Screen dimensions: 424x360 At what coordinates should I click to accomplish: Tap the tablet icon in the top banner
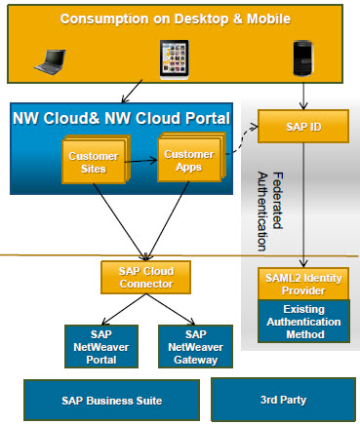(x=175, y=58)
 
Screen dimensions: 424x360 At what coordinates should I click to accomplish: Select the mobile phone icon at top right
(x=304, y=58)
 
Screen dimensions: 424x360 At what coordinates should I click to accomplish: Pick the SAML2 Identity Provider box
(x=302, y=283)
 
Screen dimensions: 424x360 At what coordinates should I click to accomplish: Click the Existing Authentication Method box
(x=302, y=323)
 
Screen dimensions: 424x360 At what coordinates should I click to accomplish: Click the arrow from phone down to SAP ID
(x=304, y=94)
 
